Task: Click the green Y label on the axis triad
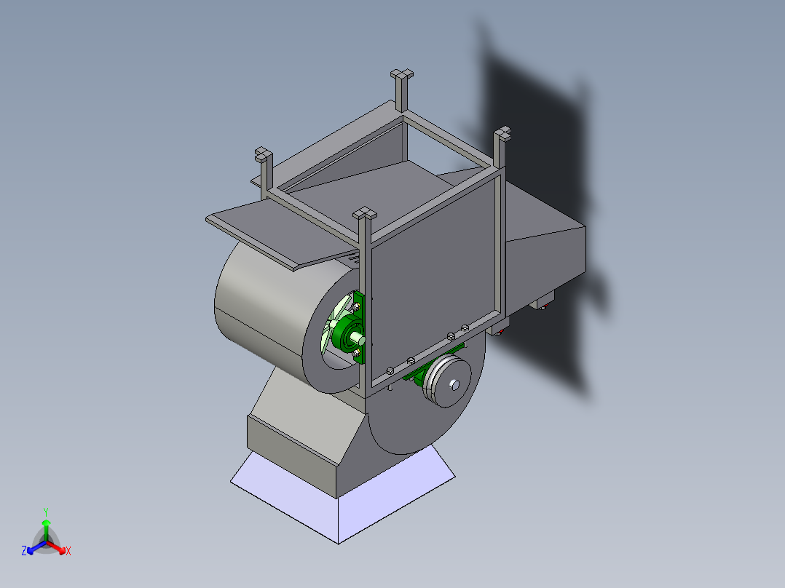(x=45, y=511)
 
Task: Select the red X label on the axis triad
(x=68, y=552)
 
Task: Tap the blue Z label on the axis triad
(x=24, y=552)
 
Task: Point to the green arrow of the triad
(x=46, y=527)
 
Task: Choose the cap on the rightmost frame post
(x=502, y=134)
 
